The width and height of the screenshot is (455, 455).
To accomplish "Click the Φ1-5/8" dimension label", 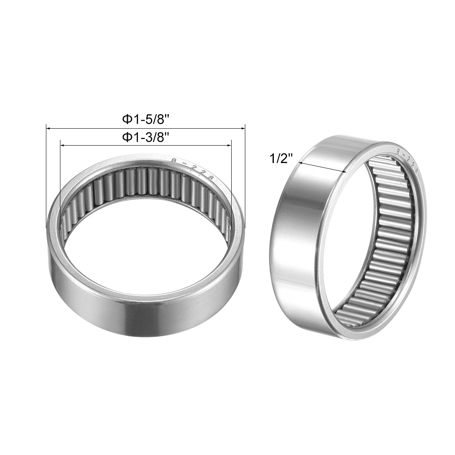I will [146, 120].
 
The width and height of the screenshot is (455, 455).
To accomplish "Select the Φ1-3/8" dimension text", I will [146, 138].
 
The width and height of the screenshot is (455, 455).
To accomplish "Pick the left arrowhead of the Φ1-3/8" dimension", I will [62, 145].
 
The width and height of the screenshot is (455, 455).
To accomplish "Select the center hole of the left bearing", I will [145, 232].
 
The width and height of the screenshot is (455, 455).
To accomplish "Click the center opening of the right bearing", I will [356, 232].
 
